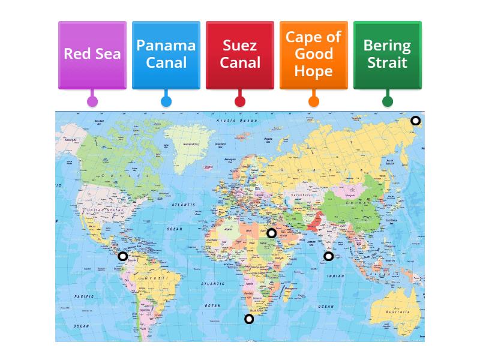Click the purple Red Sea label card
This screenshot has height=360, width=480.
point(92,54)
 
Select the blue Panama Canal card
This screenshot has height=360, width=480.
point(166,54)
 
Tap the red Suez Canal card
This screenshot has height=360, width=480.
point(240,54)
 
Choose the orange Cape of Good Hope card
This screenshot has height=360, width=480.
point(314,54)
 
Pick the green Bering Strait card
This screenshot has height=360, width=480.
point(388,54)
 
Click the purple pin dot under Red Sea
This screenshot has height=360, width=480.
point(92,101)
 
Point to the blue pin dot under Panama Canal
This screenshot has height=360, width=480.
point(166,101)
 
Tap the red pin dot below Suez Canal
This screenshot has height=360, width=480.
point(240,101)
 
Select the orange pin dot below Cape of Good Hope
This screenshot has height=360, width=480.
point(314,101)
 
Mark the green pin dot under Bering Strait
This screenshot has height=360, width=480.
point(388,101)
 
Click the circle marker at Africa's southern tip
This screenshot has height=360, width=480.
point(249,319)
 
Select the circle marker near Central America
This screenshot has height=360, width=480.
point(122,256)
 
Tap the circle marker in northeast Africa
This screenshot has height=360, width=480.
point(271,233)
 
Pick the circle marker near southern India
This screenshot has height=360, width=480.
point(328,256)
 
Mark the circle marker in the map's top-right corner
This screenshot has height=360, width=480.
point(415,121)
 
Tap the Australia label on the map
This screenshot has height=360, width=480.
point(397,313)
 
